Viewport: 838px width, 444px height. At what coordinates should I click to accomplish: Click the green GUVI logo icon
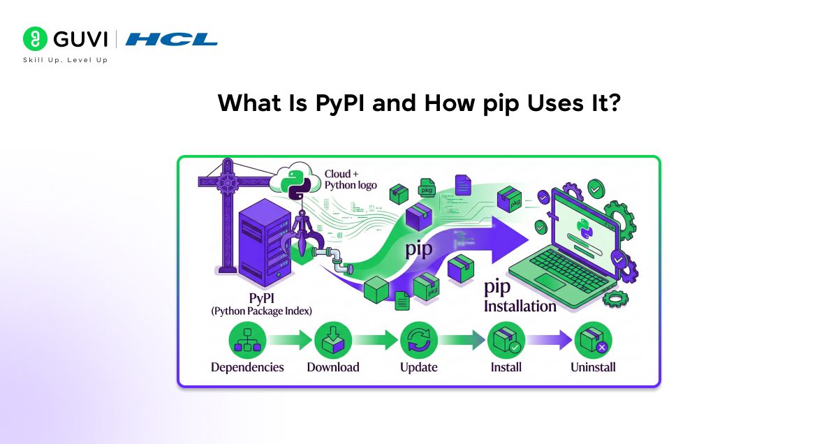click(35, 39)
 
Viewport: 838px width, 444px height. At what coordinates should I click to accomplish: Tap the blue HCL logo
click(171, 39)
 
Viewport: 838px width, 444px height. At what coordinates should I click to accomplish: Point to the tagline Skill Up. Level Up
click(66, 60)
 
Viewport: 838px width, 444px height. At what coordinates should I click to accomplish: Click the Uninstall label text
click(592, 367)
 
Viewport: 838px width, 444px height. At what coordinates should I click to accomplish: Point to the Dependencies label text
click(247, 367)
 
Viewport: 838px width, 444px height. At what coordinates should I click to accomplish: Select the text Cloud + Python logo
click(351, 179)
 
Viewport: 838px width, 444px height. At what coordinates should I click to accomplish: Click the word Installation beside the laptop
click(520, 306)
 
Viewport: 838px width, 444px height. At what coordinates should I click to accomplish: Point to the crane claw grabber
click(302, 234)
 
